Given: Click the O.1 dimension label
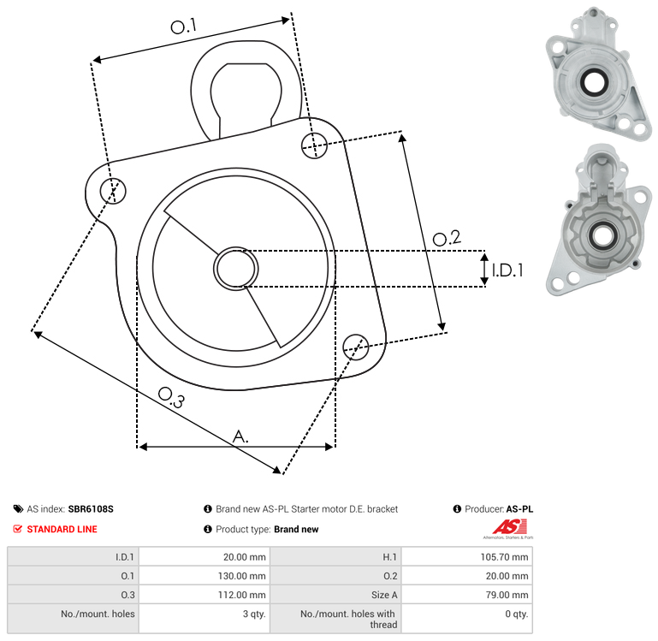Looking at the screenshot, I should tap(183, 27).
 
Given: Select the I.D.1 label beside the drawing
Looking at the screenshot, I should tap(507, 270).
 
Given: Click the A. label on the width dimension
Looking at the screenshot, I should tap(241, 436).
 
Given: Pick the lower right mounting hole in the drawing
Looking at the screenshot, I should tap(356, 346).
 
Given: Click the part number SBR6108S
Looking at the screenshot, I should tap(91, 508).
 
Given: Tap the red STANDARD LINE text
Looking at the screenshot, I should tap(62, 529).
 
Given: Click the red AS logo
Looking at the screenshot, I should tap(507, 527).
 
